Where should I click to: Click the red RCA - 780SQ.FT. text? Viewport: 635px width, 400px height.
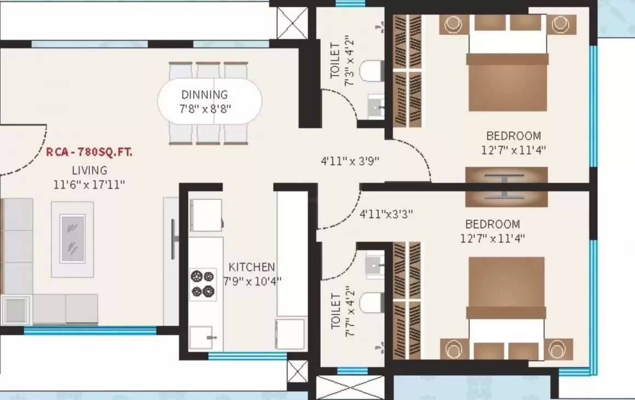pyautogui.click(x=89, y=152)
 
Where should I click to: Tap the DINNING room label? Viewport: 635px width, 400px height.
pyautogui.click(x=205, y=95)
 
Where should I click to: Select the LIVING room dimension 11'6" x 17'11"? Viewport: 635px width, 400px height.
pyautogui.click(x=89, y=184)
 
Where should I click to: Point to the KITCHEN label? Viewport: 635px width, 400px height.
pyautogui.click(x=252, y=267)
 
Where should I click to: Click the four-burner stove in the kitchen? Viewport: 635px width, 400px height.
pyautogui.click(x=203, y=284)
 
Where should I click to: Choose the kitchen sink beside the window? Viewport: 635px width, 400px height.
pyautogui.click(x=201, y=338)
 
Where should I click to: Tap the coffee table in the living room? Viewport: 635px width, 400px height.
pyautogui.click(x=72, y=239)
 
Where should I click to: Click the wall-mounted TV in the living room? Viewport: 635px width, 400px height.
pyautogui.click(x=174, y=239)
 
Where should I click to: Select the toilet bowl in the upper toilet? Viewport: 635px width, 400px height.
pyautogui.click(x=371, y=71)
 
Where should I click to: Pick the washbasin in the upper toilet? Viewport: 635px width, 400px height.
pyautogui.click(x=376, y=107)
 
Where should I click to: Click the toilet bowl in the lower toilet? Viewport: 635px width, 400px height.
pyautogui.click(x=371, y=303)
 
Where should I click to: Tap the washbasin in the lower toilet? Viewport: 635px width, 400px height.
pyautogui.click(x=374, y=265)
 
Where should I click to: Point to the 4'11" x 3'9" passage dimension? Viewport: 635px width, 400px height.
pyautogui.click(x=350, y=161)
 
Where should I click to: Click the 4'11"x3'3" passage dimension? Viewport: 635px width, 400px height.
pyautogui.click(x=386, y=213)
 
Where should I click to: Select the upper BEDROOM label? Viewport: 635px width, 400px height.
pyautogui.click(x=513, y=136)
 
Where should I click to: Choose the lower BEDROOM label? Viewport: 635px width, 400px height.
pyautogui.click(x=493, y=224)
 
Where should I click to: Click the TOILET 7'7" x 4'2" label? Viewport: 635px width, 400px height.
pyautogui.click(x=343, y=311)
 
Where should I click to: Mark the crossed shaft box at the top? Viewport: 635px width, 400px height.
pyautogui.click(x=292, y=22)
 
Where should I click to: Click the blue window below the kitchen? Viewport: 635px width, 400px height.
pyautogui.click(x=248, y=356)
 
